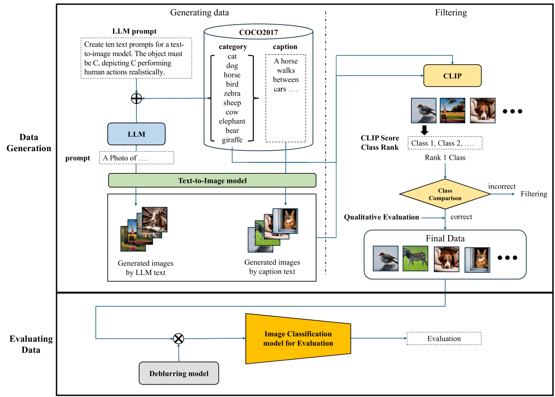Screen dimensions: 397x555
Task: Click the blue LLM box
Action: coord(136,134)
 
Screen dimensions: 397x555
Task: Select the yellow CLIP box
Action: coord(452,76)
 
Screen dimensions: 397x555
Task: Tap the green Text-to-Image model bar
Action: coord(212,181)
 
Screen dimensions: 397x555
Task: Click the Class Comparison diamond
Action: coord(445,194)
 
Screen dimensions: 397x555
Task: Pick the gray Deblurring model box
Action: coord(179,373)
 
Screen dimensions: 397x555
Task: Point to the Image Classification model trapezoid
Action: coord(298,339)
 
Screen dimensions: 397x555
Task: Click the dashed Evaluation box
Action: coord(444,339)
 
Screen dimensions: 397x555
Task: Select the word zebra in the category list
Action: coord(232,94)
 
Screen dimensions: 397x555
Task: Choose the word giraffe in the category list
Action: coord(232,140)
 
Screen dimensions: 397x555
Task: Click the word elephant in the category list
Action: coord(232,122)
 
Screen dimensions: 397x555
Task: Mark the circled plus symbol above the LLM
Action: coord(136,99)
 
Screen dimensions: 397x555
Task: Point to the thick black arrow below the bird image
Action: coord(424,130)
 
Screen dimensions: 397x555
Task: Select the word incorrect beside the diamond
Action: coord(502,186)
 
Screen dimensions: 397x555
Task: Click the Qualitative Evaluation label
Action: coord(381,217)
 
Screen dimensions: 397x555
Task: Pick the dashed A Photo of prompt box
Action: coord(136,158)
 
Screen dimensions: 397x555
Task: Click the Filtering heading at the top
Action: coord(451,13)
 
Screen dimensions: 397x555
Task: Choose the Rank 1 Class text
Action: coord(445,157)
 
